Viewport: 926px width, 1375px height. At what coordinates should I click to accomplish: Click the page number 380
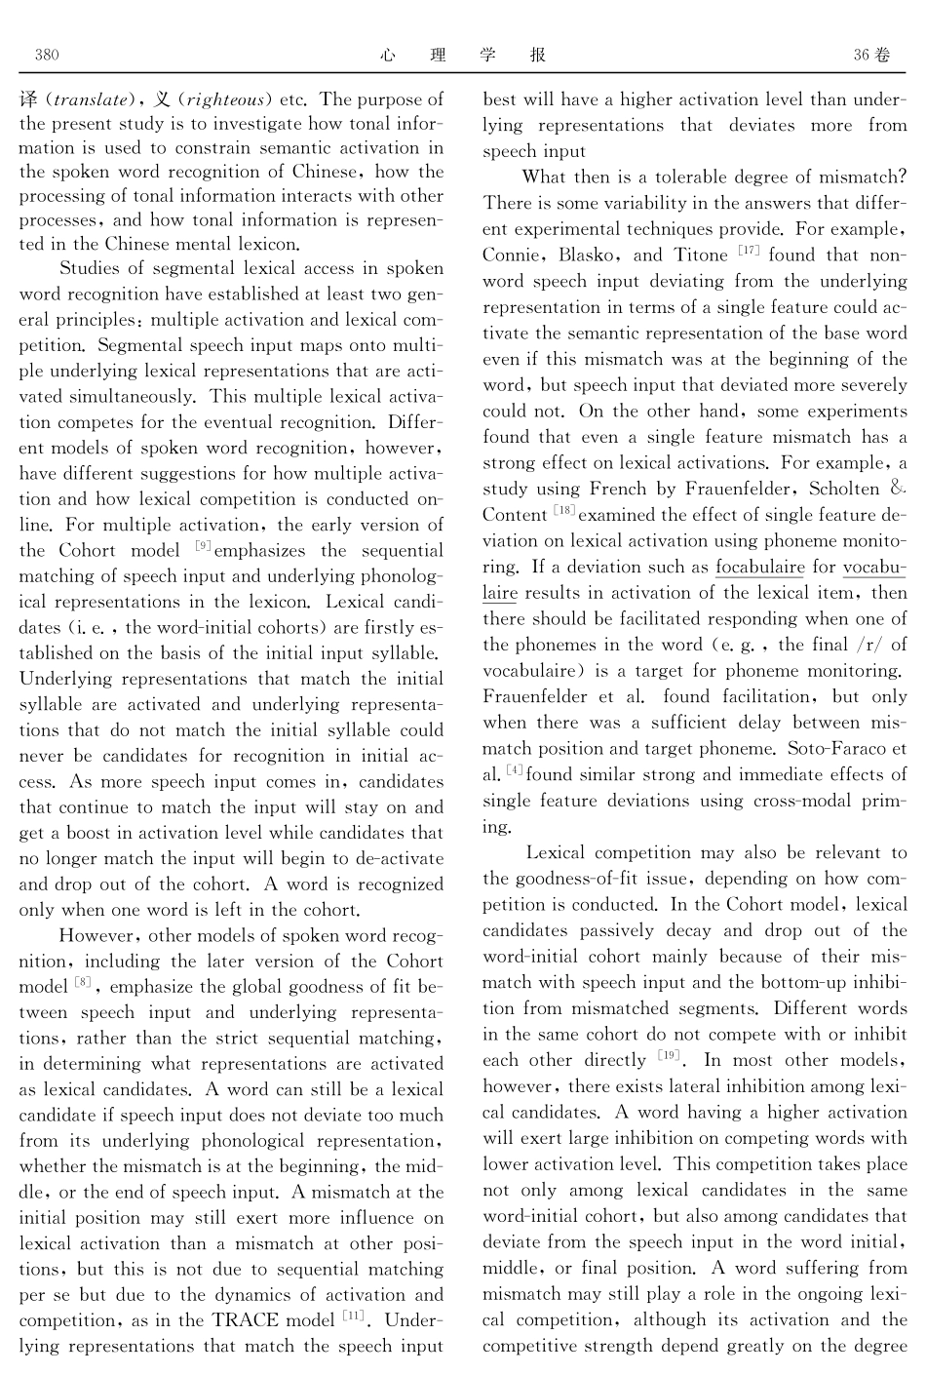(x=47, y=56)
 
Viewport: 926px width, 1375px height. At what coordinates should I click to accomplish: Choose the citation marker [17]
(x=749, y=252)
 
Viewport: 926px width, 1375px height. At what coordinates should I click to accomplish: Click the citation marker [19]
(x=669, y=1056)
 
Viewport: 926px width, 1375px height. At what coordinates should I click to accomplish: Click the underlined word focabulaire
(x=759, y=567)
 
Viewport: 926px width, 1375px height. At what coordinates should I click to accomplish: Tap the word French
(x=618, y=489)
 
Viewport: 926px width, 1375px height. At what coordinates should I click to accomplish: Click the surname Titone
(x=702, y=255)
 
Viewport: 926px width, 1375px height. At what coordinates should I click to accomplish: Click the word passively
(x=612, y=930)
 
